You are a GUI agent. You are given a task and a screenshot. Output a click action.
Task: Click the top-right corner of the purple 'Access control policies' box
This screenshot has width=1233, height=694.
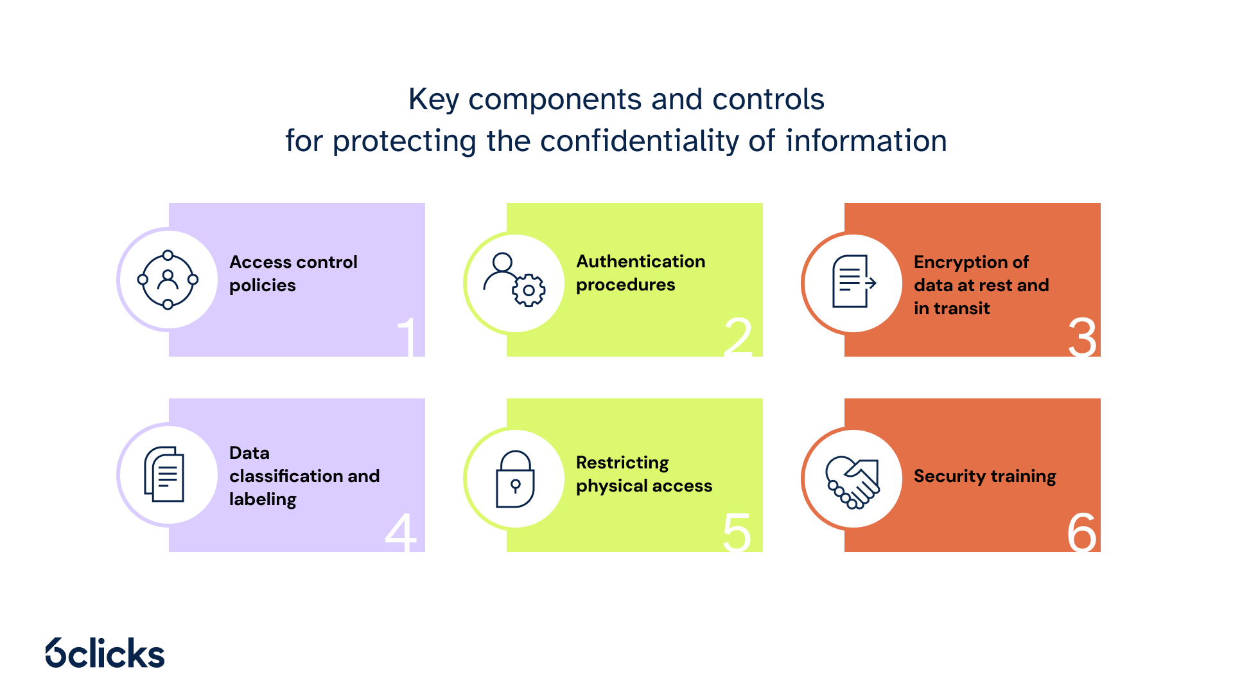425,204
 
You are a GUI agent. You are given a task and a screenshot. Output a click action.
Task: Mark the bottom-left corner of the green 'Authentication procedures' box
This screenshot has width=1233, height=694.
507,357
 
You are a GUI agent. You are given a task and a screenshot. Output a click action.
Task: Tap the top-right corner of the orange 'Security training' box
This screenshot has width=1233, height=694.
1101,399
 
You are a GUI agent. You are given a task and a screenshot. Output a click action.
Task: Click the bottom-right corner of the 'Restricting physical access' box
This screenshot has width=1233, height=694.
763,552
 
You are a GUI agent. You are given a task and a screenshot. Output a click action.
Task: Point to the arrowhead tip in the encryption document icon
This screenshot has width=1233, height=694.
877,282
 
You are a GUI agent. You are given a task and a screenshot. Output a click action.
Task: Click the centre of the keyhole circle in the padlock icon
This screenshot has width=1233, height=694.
515,485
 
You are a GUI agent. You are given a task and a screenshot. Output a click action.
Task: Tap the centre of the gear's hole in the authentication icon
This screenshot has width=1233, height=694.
529,290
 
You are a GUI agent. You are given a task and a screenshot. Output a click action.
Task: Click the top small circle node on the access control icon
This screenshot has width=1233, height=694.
168,255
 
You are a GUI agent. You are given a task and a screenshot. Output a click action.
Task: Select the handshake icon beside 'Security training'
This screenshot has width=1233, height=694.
852,482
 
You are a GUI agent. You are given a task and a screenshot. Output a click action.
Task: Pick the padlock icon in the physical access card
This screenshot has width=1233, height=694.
515,479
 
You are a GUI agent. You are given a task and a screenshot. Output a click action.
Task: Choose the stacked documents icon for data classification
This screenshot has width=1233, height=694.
164,474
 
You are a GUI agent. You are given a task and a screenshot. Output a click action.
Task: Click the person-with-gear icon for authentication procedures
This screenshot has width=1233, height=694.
514,280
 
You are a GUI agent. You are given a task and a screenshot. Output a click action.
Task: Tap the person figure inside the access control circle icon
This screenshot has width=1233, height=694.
168,280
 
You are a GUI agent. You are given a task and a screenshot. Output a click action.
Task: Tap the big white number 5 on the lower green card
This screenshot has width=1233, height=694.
737,532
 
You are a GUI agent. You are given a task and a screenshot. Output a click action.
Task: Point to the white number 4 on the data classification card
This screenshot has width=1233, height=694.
401,532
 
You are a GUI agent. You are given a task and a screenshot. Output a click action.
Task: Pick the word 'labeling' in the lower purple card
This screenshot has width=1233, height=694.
263,500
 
